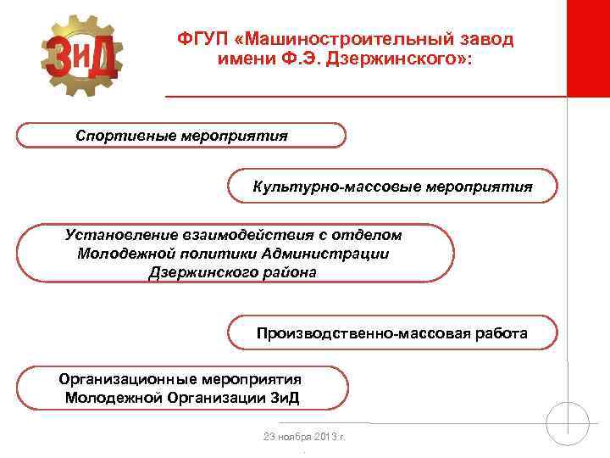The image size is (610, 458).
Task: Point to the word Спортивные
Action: click(125, 136)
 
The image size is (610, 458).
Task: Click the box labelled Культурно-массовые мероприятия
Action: click(392, 187)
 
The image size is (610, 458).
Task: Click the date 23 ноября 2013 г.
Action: click(305, 437)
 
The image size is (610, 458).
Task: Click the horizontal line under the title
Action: click(364, 96)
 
